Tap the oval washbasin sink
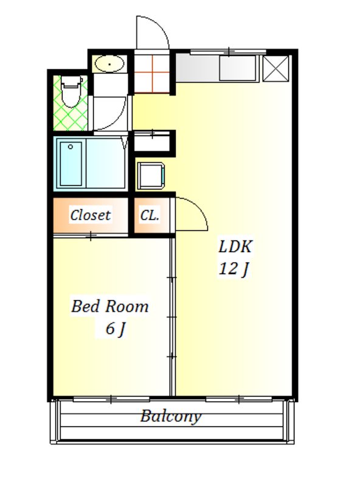(109, 64)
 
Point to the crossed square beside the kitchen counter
(276, 68)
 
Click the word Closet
(90, 215)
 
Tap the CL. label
(150, 215)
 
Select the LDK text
(235, 247)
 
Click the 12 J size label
(234, 269)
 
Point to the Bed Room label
(110, 306)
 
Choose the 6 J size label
(115, 329)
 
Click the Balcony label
(170, 416)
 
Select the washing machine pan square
(151, 176)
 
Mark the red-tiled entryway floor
(152, 74)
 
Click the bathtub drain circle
(71, 146)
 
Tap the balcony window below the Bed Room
(111, 399)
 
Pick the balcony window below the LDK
(239, 399)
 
